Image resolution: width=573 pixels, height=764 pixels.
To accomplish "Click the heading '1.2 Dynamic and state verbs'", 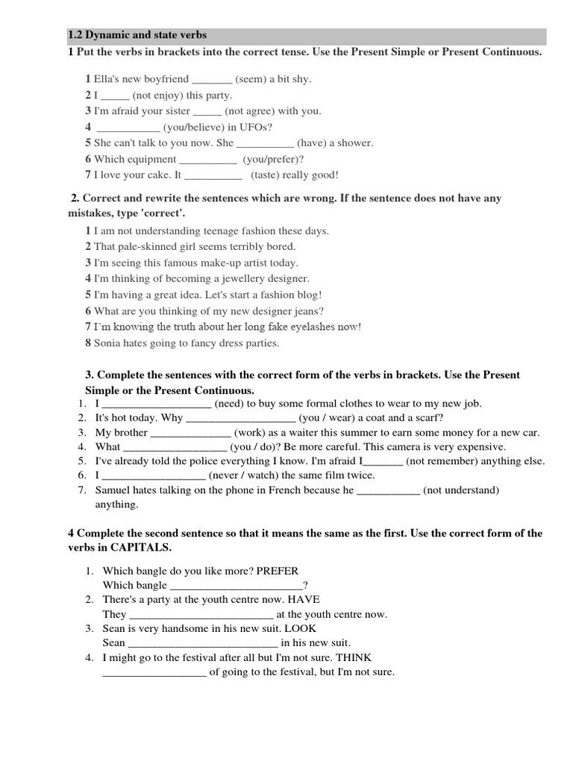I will pyautogui.click(x=137, y=35).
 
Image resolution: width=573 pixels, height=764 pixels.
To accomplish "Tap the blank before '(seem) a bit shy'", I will pyautogui.click(x=212, y=79).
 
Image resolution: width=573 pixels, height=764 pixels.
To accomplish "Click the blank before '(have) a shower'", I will pyautogui.click(x=265, y=143).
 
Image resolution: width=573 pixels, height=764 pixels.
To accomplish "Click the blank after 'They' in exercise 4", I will pyautogui.click(x=201, y=614).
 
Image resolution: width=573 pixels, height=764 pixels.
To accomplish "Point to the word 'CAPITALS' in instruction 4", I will pyautogui.click(x=146, y=548).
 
